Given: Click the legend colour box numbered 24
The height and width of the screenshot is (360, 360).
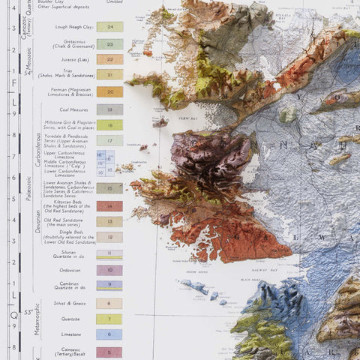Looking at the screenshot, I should (109, 26).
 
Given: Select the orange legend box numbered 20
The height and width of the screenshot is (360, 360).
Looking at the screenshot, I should (109, 91).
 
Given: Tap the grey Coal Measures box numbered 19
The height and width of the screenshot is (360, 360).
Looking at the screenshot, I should (109, 109).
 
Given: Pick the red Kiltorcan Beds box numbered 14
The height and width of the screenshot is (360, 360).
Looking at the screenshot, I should (109, 205).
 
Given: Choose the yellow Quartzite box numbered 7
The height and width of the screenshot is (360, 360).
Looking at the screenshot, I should (109, 319).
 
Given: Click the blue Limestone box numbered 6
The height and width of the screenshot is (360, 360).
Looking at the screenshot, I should (109, 334).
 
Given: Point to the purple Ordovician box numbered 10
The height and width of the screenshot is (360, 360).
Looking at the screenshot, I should (109, 269).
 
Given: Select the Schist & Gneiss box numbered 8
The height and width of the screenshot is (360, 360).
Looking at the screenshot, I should (109, 303).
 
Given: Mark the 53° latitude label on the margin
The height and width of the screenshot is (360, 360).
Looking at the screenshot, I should (28, 311).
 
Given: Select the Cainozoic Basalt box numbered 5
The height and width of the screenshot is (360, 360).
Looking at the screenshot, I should (109, 351).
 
